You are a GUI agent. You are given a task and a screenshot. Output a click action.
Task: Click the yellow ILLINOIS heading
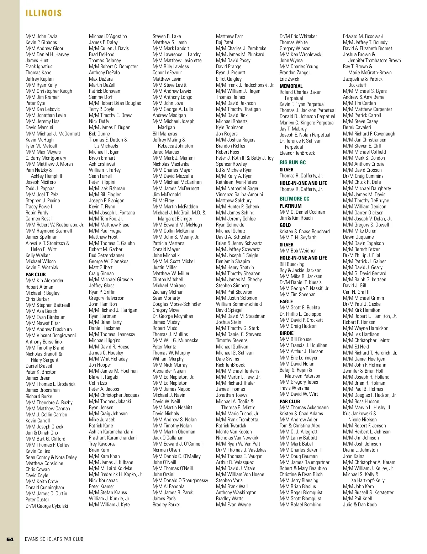point(44,13)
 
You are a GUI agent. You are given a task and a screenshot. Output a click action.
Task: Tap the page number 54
point(10,539)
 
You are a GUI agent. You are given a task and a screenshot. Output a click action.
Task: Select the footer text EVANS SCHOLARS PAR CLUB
point(54,539)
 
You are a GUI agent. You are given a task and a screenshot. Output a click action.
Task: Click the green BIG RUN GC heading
point(292,163)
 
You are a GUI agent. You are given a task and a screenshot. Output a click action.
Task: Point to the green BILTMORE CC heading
point(294,199)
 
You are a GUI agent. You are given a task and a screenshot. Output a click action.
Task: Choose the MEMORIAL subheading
point(291,86)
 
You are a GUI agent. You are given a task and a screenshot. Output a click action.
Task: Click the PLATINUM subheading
point(290,206)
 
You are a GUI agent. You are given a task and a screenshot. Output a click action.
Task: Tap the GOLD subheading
point(285,225)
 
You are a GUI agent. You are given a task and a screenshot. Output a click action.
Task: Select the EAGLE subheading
point(286,302)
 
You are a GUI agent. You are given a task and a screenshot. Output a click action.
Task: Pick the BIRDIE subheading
point(286,333)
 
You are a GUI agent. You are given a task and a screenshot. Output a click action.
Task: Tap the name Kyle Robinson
point(230,127)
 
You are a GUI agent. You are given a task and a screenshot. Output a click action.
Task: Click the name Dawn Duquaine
point(358,237)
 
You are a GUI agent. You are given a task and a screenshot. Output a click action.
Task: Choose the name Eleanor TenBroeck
point(297,153)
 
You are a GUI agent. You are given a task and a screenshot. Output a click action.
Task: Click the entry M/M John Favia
point(41,36)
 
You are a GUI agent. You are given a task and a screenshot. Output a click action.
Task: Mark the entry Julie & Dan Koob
point(359,505)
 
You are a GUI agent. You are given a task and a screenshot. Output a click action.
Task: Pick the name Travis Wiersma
point(294,388)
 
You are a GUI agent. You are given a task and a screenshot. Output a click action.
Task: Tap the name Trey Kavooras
point(102,444)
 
